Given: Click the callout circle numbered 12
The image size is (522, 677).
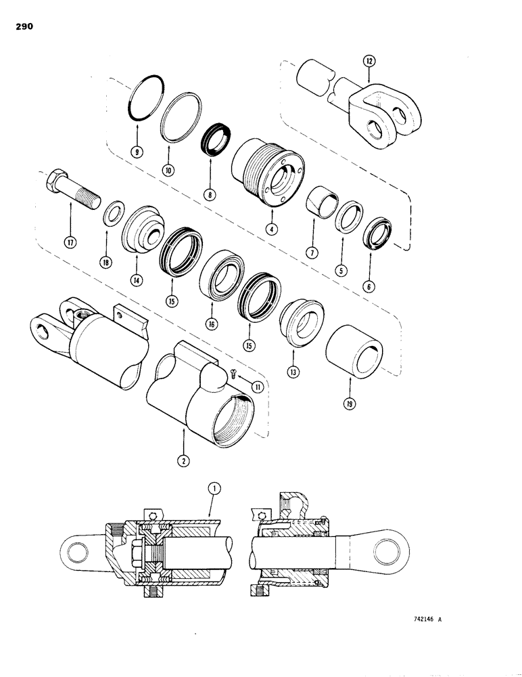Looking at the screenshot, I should pyautogui.click(x=368, y=61).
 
